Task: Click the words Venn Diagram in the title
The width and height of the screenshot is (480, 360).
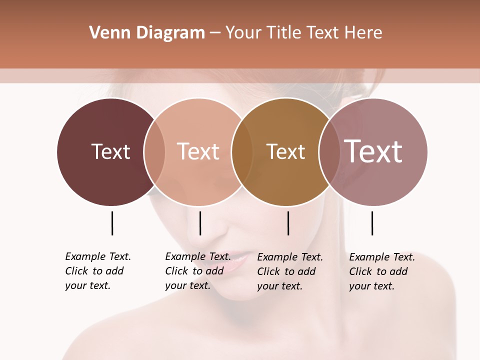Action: (147, 33)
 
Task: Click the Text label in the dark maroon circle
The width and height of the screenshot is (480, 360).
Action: (110, 151)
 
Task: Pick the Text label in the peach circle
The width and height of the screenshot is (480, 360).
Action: (198, 151)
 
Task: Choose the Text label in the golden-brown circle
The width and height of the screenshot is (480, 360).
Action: (285, 151)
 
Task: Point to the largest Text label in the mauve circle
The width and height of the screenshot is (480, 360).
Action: (373, 151)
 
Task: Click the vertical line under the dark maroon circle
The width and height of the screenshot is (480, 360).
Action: (112, 223)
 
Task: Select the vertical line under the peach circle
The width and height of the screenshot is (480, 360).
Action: (200, 223)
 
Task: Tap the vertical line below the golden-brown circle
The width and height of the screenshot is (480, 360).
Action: (288, 223)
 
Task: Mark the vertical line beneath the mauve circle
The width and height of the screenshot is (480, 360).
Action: (372, 223)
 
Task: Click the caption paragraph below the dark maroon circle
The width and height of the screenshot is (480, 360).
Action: (98, 271)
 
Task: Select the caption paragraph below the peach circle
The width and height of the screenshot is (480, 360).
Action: (198, 271)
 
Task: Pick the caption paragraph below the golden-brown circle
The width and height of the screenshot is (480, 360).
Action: (290, 271)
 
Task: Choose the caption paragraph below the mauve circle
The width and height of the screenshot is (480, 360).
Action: (382, 271)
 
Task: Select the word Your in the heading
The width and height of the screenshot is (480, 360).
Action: (243, 33)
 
